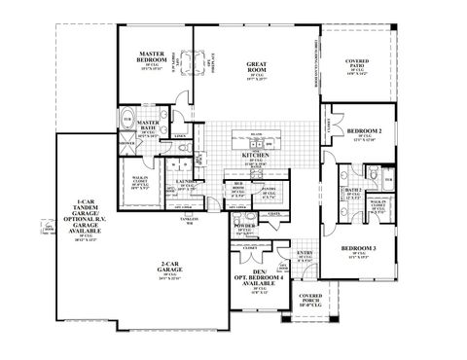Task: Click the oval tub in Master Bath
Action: pos(127,124)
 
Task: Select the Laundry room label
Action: pos(188,184)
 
